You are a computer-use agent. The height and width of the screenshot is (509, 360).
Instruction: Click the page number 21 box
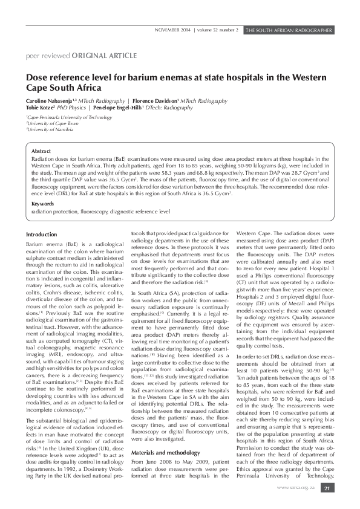tap(327, 488)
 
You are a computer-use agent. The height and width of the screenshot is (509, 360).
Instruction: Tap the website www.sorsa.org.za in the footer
tap(296, 488)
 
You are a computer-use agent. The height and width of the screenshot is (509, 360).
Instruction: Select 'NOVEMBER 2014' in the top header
tap(172, 29)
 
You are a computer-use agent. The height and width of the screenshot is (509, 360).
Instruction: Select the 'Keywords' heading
tap(42, 204)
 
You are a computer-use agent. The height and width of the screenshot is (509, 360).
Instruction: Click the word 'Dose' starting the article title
tap(36, 77)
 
